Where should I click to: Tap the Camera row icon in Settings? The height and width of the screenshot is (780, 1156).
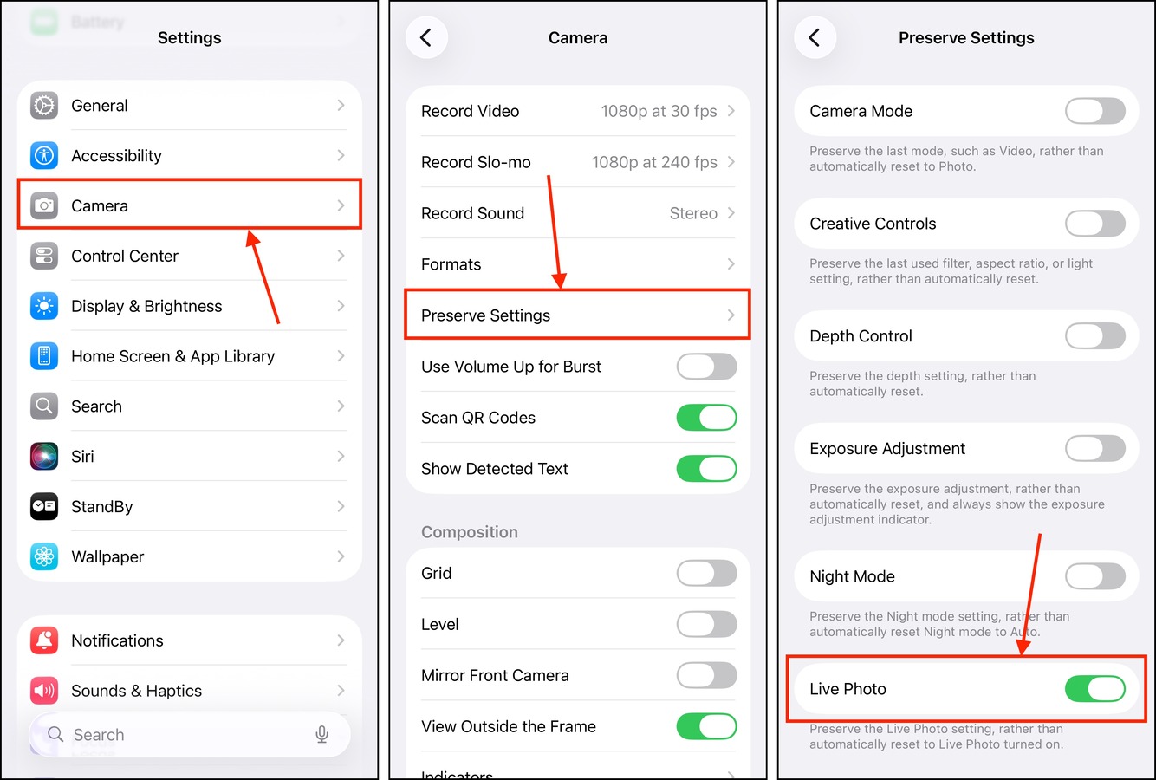(x=44, y=205)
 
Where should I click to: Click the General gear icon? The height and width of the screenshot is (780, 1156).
(x=44, y=106)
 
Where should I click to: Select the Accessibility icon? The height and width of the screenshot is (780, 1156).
(x=44, y=156)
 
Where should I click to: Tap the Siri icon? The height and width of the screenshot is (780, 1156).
(x=44, y=457)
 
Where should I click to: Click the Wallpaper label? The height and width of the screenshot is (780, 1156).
(x=107, y=557)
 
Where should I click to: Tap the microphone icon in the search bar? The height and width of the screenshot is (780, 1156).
(x=321, y=735)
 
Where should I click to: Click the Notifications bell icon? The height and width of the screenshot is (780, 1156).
(x=44, y=640)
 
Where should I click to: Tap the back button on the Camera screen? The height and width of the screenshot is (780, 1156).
(x=426, y=38)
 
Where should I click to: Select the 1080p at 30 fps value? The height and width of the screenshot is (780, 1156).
(x=659, y=111)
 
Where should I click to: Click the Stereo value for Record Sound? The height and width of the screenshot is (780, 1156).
(x=693, y=213)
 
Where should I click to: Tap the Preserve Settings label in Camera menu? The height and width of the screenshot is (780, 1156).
(x=485, y=315)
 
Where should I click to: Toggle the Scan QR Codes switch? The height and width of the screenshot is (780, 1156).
(x=706, y=418)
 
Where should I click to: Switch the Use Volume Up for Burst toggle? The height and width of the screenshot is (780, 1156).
(x=706, y=367)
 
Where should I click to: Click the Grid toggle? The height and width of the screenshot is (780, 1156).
(x=706, y=573)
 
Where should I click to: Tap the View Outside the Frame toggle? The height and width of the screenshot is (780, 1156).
(x=706, y=726)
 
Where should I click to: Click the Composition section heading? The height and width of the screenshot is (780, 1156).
(x=470, y=532)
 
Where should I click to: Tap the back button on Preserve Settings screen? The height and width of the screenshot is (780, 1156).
(x=815, y=38)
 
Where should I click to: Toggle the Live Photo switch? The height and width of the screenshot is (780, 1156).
(x=1094, y=689)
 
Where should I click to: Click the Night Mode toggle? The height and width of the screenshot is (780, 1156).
(x=1094, y=576)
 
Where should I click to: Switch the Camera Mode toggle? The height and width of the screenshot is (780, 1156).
(x=1094, y=111)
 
